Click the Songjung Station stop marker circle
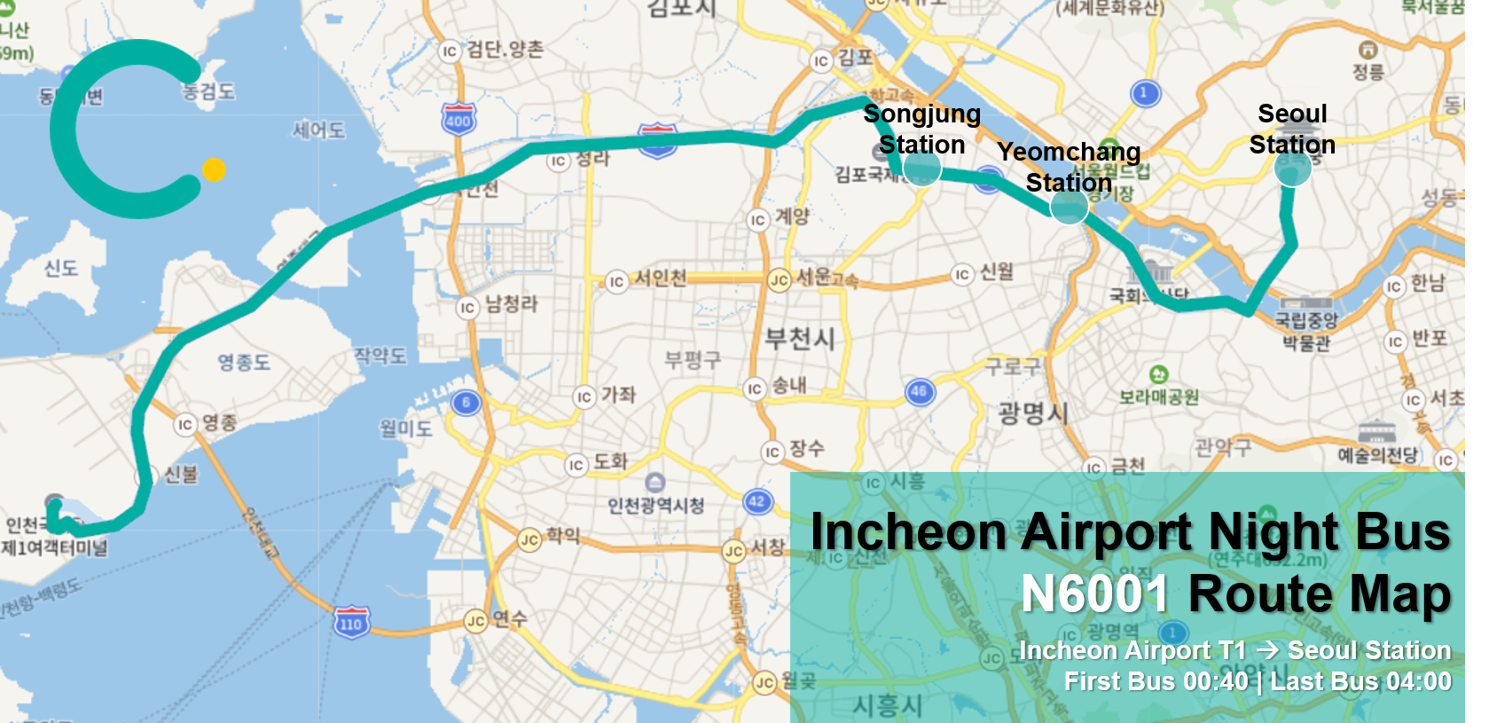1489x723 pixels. [921, 167]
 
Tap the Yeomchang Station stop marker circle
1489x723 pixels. [1069, 207]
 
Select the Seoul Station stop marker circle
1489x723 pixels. [1292, 169]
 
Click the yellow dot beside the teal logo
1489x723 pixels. [214, 169]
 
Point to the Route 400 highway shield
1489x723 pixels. [458, 119]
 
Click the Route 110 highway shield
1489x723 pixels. [351, 623]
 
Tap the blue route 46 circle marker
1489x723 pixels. [920, 391]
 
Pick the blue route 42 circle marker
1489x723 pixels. [756, 502]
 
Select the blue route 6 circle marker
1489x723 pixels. [466, 403]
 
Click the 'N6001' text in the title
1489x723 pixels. [1096, 593]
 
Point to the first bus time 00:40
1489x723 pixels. [1216, 681]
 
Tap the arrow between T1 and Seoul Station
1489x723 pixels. [1267, 650]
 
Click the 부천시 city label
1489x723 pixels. [800, 338]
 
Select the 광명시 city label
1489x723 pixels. [1033, 413]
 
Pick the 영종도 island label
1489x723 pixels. [244, 362]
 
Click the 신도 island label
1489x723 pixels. [61, 268]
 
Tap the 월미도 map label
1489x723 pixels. [406, 428]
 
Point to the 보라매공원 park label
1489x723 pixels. [1158, 397]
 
